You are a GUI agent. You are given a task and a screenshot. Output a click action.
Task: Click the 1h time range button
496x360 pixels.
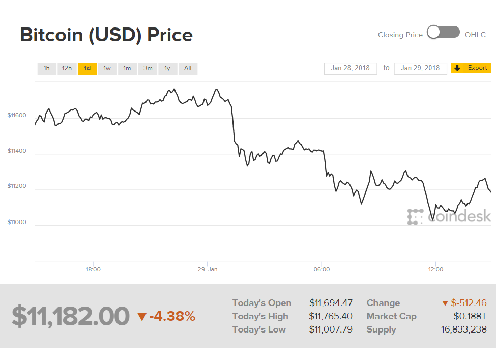[47, 68]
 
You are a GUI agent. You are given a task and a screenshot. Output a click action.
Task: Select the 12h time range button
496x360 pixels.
[67, 68]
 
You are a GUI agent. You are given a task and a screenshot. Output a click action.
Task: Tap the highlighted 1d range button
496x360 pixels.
[87, 68]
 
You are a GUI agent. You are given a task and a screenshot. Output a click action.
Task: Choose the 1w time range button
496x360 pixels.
[107, 68]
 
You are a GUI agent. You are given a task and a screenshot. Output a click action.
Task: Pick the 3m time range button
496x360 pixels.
[148, 68]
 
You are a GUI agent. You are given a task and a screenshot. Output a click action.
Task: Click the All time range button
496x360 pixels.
[188, 68]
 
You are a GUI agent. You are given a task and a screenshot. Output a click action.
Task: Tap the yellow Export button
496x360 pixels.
[471, 68]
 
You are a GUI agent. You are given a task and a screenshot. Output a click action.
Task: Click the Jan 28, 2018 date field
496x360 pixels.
[351, 68]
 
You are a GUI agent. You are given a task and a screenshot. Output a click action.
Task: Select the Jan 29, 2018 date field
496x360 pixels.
[420, 68]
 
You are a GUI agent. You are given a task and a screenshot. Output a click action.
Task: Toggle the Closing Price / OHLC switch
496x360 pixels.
[443, 33]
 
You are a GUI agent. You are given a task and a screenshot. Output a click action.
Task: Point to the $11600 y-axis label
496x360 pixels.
[17, 116]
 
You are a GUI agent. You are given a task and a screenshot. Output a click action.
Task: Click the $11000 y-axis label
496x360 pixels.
[17, 223]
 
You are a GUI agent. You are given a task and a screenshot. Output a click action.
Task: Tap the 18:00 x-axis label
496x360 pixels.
[93, 269]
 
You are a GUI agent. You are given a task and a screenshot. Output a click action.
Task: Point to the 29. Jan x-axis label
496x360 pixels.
[208, 269]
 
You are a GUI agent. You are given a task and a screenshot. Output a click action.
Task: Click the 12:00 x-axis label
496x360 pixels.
[435, 269]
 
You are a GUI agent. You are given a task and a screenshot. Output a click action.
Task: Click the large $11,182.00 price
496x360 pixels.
[71, 316]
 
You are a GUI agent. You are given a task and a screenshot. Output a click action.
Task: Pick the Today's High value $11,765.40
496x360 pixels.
[331, 316]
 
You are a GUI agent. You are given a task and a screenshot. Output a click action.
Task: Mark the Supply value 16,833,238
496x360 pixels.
[463, 329]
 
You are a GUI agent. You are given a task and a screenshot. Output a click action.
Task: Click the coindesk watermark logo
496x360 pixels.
[449, 216]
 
